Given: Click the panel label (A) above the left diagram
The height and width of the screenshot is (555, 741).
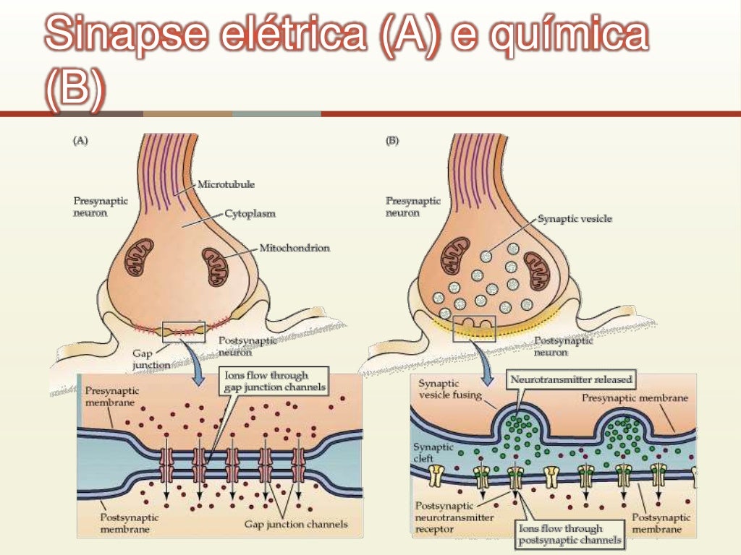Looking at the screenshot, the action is click(80, 142).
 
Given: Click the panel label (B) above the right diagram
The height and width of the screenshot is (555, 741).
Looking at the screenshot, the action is click(392, 142).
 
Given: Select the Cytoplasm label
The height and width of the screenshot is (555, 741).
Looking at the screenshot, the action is click(250, 214).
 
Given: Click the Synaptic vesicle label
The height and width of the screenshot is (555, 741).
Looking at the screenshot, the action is click(575, 218).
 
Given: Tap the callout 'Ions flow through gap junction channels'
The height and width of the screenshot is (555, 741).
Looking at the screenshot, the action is click(274, 381).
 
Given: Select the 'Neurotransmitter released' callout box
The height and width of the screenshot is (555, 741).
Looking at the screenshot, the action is click(572, 379).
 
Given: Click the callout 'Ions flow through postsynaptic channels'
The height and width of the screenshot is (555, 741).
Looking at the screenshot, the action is click(569, 533).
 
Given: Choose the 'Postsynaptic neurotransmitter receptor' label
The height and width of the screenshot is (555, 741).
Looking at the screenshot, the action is click(455, 517).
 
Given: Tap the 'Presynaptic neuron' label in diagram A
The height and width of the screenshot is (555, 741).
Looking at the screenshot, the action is click(101, 207).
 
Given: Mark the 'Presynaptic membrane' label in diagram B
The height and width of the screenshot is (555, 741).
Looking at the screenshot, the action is click(635, 398).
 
